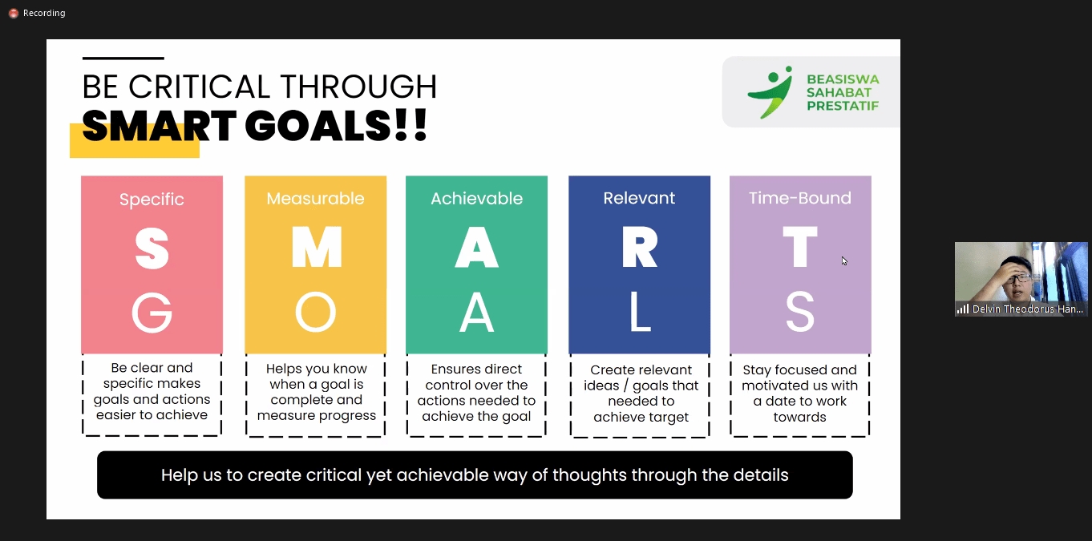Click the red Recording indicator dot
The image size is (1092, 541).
click(14, 13)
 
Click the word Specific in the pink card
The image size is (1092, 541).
click(152, 200)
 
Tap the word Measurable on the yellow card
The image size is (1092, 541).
click(315, 199)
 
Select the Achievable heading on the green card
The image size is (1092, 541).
click(477, 199)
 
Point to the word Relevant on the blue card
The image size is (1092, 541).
click(639, 198)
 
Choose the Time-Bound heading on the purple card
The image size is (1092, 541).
click(800, 198)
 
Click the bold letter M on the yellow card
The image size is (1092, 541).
click(317, 248)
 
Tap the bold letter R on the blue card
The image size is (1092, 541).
click(640, 248)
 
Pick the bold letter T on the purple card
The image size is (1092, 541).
click(800, 248)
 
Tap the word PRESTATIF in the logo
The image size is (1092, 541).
click(843, 106)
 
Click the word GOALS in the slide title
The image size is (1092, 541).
click(317, 127)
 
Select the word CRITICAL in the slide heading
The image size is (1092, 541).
click(199, 87)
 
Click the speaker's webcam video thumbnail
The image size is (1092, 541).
click(1021, 279)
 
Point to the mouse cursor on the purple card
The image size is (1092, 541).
click(844, 260)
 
